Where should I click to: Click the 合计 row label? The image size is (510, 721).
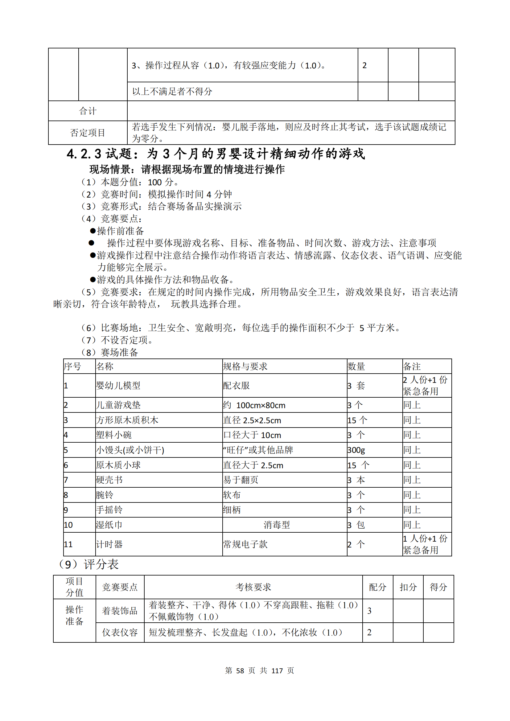[x=88, y=111]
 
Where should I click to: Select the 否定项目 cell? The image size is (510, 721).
[x=88, y=133]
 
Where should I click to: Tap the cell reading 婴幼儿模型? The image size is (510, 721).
[x=118, y=385]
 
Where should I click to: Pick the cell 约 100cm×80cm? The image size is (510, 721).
[x=254, y=405]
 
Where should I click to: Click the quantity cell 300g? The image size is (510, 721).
[x=356, y=450]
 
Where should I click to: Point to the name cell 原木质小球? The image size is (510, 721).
[x=118, y=465]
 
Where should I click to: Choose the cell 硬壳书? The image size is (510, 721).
[x=109, y=480]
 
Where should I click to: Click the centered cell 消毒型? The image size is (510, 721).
[x=277, y=525]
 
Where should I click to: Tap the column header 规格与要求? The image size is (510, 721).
[x=245, y=366]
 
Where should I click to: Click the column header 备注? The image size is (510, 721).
[x=412, y=366]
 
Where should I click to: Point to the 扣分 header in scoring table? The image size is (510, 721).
[x=408, y=587]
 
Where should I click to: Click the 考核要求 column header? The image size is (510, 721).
[x=253, y=587]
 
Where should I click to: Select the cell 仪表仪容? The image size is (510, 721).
[x=120, y=633]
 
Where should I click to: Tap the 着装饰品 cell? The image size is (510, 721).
[x=120, y=611]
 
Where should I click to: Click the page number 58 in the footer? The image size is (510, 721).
[x=240, y=671]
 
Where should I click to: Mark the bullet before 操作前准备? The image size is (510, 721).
[x=93, y=231]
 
